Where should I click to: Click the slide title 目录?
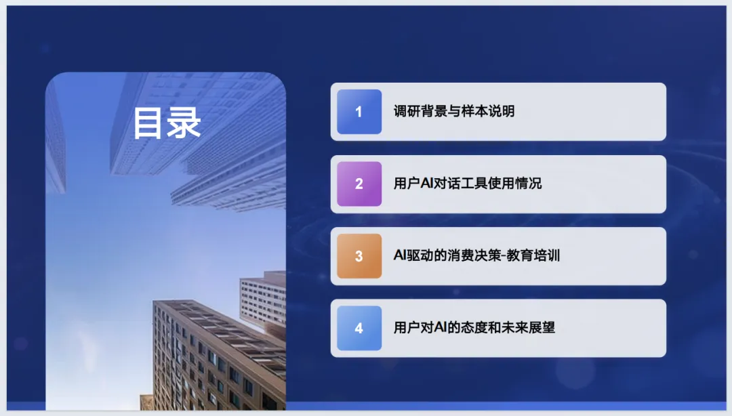coord(167,123)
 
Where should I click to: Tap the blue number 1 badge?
coord(359,112)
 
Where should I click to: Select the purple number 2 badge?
coord(359,184)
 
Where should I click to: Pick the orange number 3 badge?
coord(359,256)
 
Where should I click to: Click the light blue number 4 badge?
coord(359,328)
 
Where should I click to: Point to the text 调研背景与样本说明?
coord(453,111)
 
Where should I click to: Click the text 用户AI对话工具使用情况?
coord(467,183)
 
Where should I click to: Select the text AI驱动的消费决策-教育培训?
coord(476,255)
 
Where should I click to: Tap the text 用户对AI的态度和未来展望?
coord(474,327)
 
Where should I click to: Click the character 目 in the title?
coord(149,123)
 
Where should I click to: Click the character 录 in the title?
coord(184,123)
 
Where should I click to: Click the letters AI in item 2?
coord(427,183)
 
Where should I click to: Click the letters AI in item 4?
coord(441,327)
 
